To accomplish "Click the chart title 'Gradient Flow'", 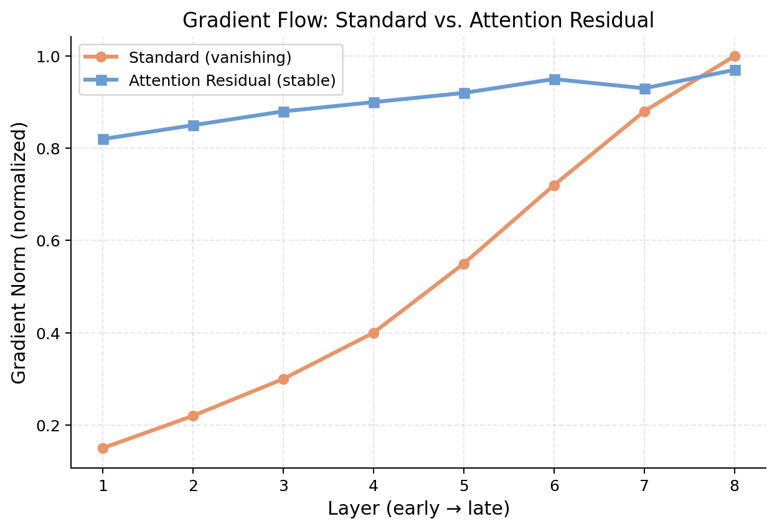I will click(418, 21).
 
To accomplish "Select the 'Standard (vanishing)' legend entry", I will click(210, 58).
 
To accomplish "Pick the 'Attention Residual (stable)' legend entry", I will click(232, 80).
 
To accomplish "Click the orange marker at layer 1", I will click(103, 448).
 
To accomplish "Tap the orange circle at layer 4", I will click(374, 333).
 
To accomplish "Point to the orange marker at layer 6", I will click(554, 185).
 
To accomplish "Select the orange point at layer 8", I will click(735, 56).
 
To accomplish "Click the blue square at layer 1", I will click(103, 139).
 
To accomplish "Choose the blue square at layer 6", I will click(554, 79).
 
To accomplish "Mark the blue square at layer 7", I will click(644, 88).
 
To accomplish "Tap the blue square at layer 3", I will click(283, 111).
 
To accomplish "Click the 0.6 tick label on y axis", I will click(52, 241).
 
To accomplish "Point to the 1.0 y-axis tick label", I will click(52, 57).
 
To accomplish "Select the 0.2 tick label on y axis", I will click(52, 426).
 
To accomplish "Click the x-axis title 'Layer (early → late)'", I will click(418, 508).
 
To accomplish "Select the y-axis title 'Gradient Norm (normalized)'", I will click(20, 253).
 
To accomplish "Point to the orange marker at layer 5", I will click(464, 264).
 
